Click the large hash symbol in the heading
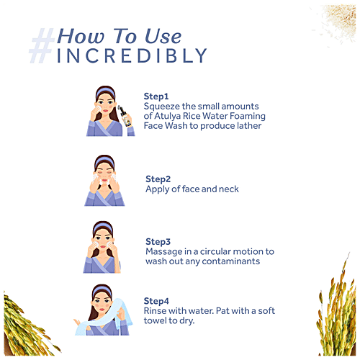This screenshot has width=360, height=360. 41,45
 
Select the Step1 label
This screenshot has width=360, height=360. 156,96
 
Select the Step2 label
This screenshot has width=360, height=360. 158,179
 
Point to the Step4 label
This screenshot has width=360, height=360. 156,300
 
